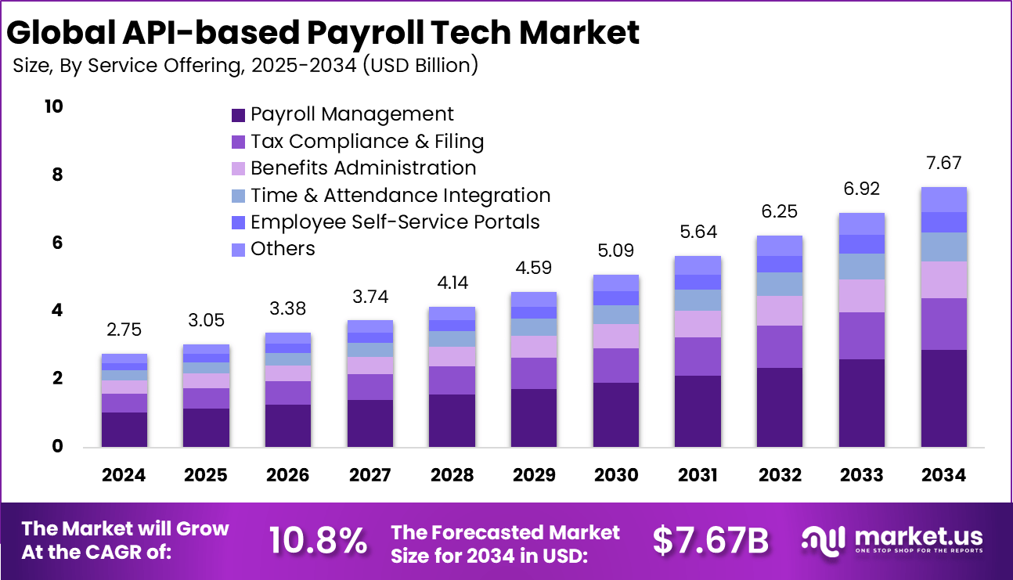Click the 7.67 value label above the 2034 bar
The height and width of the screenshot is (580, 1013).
(943, 164)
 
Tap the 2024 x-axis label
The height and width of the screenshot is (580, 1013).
(124, 474)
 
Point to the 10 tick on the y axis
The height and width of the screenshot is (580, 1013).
(53, 106)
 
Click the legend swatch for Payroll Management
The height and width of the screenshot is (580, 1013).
(238, 115)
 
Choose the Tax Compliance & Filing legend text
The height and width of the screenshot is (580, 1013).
(366, 142)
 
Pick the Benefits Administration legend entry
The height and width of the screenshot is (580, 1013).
(362, 168)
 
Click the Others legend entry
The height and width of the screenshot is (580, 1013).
(282, 249)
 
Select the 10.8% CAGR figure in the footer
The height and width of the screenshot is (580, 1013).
(318, 541)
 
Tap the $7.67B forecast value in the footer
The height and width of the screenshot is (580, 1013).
(710, 541)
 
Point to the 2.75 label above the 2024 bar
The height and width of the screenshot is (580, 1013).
(124, 330)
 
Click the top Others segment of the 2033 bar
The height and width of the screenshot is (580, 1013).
(862, 224)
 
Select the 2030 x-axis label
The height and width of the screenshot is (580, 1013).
(615, 474)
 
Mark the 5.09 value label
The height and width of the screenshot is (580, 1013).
(615, 251)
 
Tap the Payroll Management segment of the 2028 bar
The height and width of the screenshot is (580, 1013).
(452, 420)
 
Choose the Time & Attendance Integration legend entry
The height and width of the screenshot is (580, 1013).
(400, 196)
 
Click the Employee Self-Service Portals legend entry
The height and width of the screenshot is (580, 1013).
(395, 222)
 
